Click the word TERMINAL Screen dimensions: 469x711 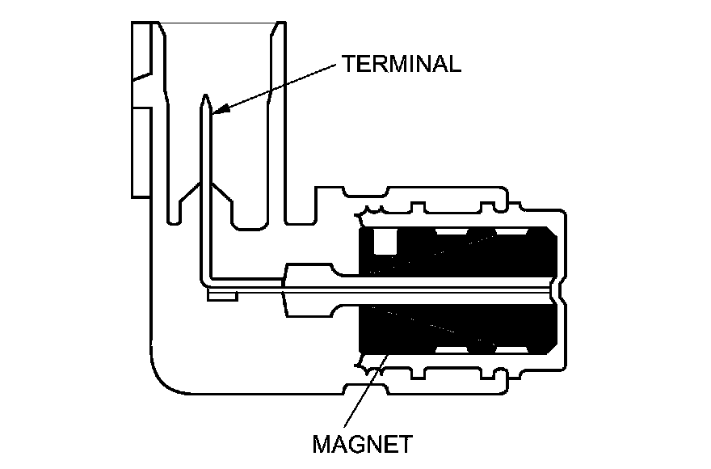click(x=401, y=64)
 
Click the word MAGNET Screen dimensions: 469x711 click(x=363, y=444)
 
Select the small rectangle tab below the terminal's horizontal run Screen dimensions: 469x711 click(x=221, y=297)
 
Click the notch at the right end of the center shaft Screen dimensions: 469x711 click(x=557, y=287)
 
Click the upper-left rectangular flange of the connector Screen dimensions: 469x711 click(x=141, y=50)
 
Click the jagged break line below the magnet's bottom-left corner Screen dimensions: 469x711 click(x=368, y=365)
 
